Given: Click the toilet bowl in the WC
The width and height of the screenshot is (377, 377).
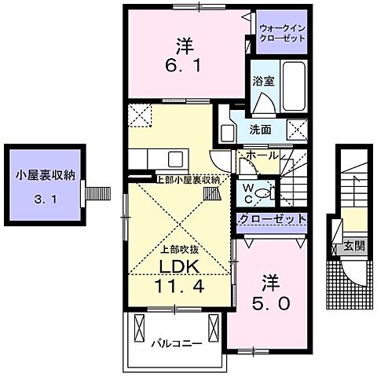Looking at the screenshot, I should [x=264, y=190].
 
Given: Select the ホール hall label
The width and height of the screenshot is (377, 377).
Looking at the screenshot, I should [x=262, y=156].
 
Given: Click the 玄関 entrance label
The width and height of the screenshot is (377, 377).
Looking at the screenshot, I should [x=353, y=247].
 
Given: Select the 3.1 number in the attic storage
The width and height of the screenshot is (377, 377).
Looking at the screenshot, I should [x=45, y=199].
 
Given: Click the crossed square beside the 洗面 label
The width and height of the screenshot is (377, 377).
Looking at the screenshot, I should [x=296, y=130].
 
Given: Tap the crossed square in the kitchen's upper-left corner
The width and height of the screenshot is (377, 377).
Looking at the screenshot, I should [x=141, y=115].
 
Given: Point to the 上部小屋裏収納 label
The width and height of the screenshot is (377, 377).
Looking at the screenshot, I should [x=186, y=180].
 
